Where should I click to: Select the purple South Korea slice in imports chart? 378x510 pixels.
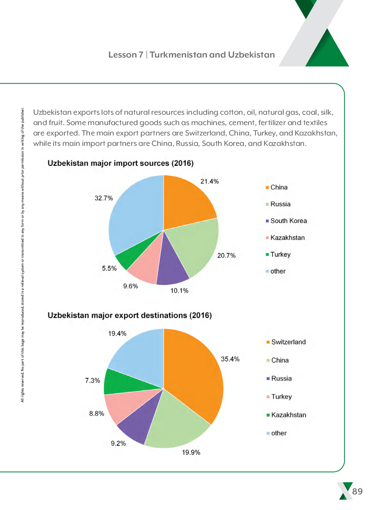pyautogui.click(x=172, y=268)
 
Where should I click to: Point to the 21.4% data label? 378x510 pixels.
pyautogui.click(x=210, y=181)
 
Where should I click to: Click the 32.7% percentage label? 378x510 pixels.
pyautogui.click(x=104, y=198)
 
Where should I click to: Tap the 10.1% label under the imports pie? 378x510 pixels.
pyautogui.click(x=179, y=291)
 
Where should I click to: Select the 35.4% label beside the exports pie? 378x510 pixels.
pyautogui.click(x=230, y=359)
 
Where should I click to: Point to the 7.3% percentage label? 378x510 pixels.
pyautogui.click(x=92, y=381)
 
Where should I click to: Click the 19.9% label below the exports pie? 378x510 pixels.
pyautogui.click(x=191, y=452)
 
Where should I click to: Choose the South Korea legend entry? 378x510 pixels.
pyautogui.click(x=288, y=221)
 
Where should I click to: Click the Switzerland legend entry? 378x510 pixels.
pyautogui.click(x=288, y=342)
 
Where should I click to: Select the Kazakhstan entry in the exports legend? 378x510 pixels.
pyautogui.click(x=288, y=415)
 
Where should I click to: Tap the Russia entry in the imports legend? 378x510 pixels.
pyautogui.click(x=280, y=204)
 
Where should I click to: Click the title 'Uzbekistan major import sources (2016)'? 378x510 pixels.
pyautogui.click(x=120, y=163)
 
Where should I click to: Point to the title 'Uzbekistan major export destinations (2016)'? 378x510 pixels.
pyautogui.click(x=130, y=315)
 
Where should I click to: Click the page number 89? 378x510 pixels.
pyautogui.click(x=357, y=491)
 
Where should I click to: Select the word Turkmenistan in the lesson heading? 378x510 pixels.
pyautogui.click(x=178, y=55)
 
